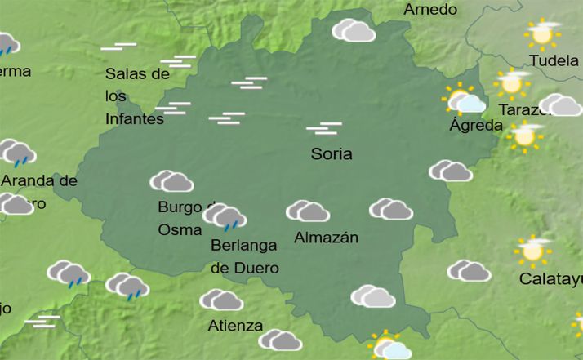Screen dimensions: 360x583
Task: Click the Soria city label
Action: tap(332, 153)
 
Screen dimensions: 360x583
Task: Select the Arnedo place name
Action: tap(430, 10)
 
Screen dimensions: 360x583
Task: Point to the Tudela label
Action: tap(554, 60)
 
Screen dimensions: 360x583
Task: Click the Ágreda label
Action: tap(476, 126)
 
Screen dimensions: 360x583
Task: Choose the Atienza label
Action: tap(235, 326)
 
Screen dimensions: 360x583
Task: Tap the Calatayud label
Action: tap(550, 280)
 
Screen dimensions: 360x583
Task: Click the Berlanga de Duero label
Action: tap(245, 256)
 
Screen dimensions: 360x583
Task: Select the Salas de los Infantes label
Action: tap(136, 96)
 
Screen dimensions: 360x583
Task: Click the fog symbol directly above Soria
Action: tap(323, 128)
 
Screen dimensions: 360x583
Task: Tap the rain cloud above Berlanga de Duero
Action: tap(225, 217)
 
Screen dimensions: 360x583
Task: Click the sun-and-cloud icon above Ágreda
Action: tap(464, 100)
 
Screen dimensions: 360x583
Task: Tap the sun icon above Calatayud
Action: tap(533, 251)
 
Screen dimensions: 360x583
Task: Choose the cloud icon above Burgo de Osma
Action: tap(171, 181)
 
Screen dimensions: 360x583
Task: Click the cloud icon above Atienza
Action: tap(221, 300)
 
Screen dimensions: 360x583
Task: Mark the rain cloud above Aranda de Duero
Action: tap(18, 153)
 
